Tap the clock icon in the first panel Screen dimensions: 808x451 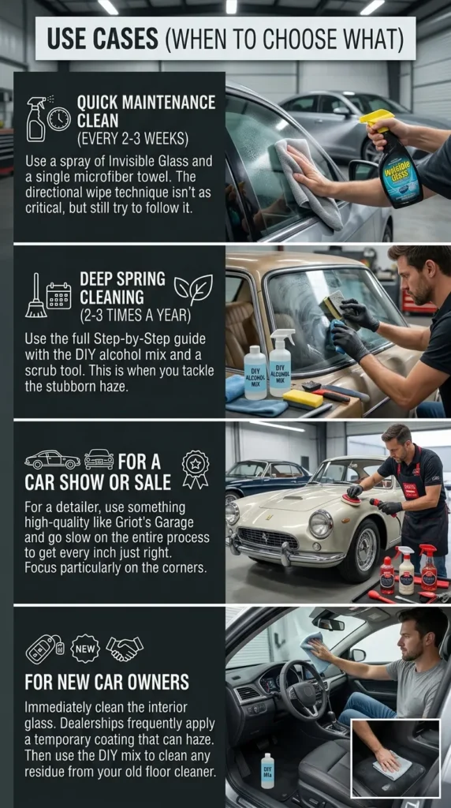coord(58,119)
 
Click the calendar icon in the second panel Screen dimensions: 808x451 coord(58,295)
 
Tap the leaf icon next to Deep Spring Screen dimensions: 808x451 coord(193,289)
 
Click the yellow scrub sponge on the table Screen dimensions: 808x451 coord(303,398)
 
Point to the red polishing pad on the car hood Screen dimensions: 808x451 coord(352,499)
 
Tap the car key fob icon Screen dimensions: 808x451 coord(43,648)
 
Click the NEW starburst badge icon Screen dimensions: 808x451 coord(84,648)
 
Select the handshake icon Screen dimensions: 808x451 coord(125,648)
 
